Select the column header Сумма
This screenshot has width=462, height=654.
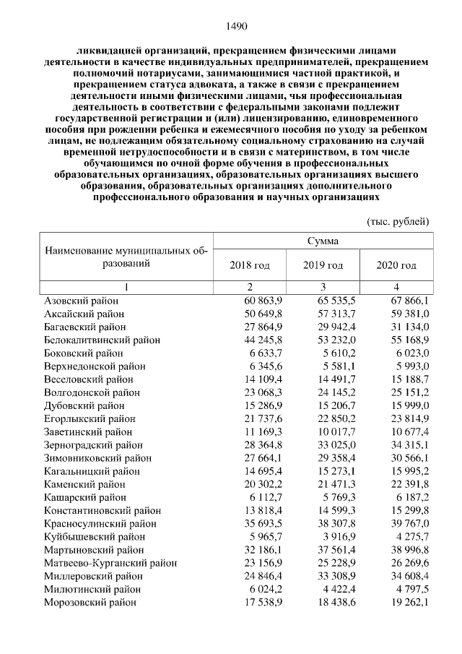(323, 241)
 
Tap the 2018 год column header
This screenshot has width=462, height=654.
(250, 265)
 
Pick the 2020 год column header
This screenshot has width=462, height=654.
(396, 265)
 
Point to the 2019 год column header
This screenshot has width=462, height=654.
(323, 265)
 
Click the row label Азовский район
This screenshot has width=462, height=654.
(82, 300)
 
